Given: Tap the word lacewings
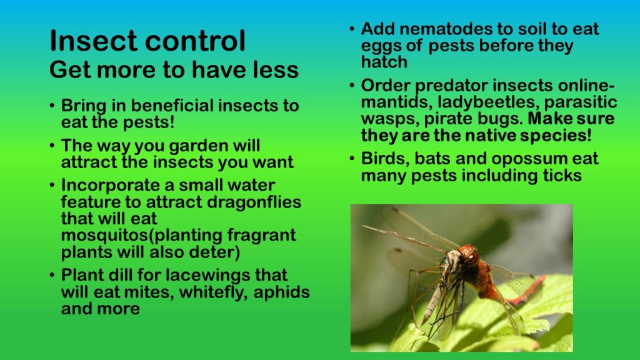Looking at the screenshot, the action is tap(212, 276).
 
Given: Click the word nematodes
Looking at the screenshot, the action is tap(445, 29).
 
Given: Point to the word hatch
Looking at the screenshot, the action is tap(384, 62).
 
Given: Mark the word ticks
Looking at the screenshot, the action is tap(562, 176).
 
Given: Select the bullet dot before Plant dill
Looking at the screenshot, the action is tap(52, 276).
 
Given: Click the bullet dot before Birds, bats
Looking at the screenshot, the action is tap(352, 158).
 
